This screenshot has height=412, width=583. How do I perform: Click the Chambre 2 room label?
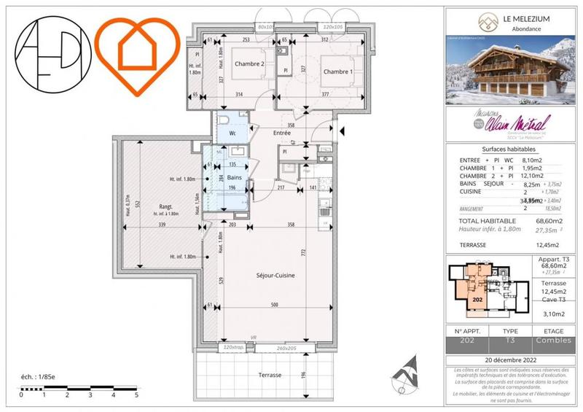[x=249, y=64]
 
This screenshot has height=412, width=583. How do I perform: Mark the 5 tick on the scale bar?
[x=136, y=394]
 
